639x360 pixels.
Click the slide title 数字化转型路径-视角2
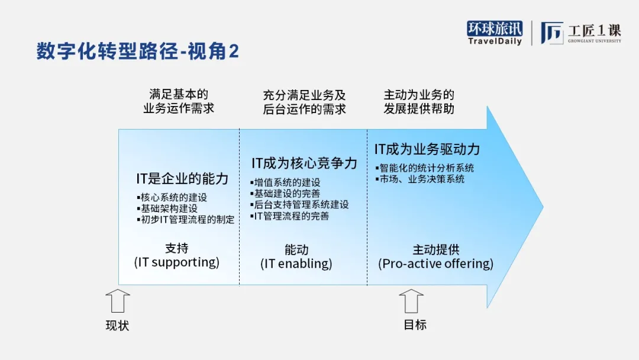point(138,52)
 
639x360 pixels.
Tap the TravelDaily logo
point(494,33)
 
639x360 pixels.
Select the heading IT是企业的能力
point(182,179)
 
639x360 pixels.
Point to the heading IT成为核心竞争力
point(304,163)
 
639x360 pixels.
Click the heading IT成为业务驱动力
point(427,149)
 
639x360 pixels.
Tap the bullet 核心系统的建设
point(172,197)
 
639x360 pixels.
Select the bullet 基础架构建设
point(167,208)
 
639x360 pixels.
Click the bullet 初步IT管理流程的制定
point(186,219)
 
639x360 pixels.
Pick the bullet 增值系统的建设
point(285,182)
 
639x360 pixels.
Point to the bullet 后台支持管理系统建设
point(299,205)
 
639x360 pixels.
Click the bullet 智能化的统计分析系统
point(425,168)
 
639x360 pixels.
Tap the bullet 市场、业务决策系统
point(419,179)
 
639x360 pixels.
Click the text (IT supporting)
point(177,262)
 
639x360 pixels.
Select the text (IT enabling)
point(296,263)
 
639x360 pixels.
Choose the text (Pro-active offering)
point(435,263)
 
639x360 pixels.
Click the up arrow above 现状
point(118,301)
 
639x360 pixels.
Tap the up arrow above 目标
point(411,301)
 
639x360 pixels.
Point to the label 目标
point(415,324)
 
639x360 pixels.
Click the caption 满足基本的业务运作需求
point(179,101)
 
